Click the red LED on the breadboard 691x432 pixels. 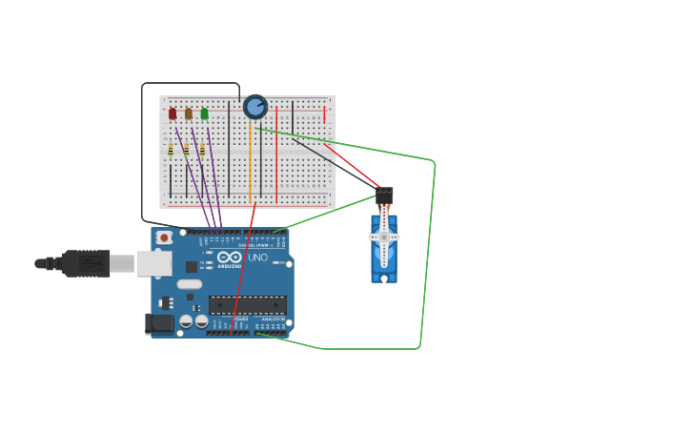point(173,113)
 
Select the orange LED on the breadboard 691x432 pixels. point(189,113)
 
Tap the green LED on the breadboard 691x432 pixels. point(204,113)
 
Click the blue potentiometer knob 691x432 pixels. point(255,107)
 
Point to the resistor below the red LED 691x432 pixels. point(171,150)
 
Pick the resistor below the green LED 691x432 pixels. point(202,150)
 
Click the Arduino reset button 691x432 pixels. point(164,237)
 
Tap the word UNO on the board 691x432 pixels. point(257,257)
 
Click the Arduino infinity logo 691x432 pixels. point(230,257)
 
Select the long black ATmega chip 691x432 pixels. point(248,305)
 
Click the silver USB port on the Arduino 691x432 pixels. point(153,263)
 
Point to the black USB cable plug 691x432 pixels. point(86,263)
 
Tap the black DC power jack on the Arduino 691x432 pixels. point(160,323)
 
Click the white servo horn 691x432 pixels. point(384,237)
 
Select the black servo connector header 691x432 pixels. point(384,195)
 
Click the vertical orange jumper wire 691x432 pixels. point(250,162)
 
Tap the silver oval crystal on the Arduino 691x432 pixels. point(190,283)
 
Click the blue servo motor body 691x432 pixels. point(383,265)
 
